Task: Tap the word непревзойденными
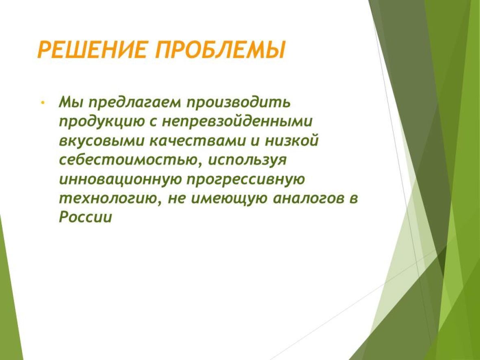coord(237,122)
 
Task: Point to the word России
coord(85,218)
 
